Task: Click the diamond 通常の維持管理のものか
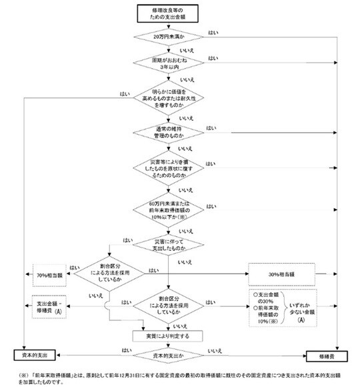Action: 169,131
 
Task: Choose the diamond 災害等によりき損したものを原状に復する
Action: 169,167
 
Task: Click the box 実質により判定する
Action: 169,335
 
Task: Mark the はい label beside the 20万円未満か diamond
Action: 213,31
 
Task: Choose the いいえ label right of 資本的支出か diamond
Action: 215,350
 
